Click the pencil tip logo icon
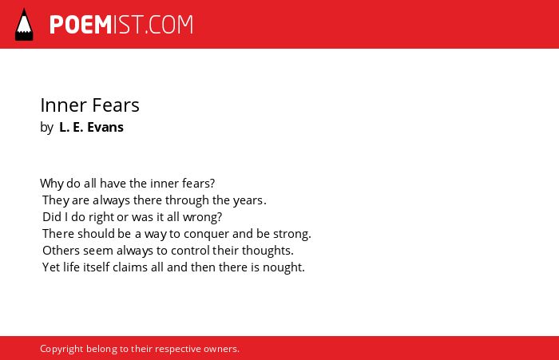(24, 24)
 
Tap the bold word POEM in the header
(81, 25)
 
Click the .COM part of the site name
(169, 25)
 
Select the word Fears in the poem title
(116, 105)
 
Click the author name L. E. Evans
(91, 127)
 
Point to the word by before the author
(46, 128)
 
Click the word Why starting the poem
(52, 184)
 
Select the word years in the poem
(249, 200)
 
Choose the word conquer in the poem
(206, 234)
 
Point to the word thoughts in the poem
(268, 251)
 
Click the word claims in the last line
(130, 267)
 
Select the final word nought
(283, 267)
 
